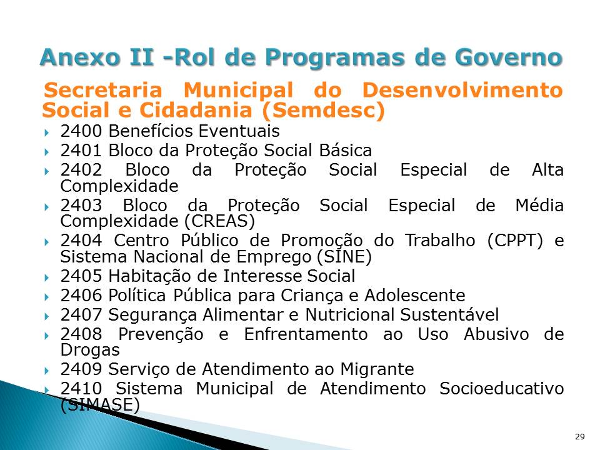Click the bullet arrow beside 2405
click(47, 276)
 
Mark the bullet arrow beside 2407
click(47, 315)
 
